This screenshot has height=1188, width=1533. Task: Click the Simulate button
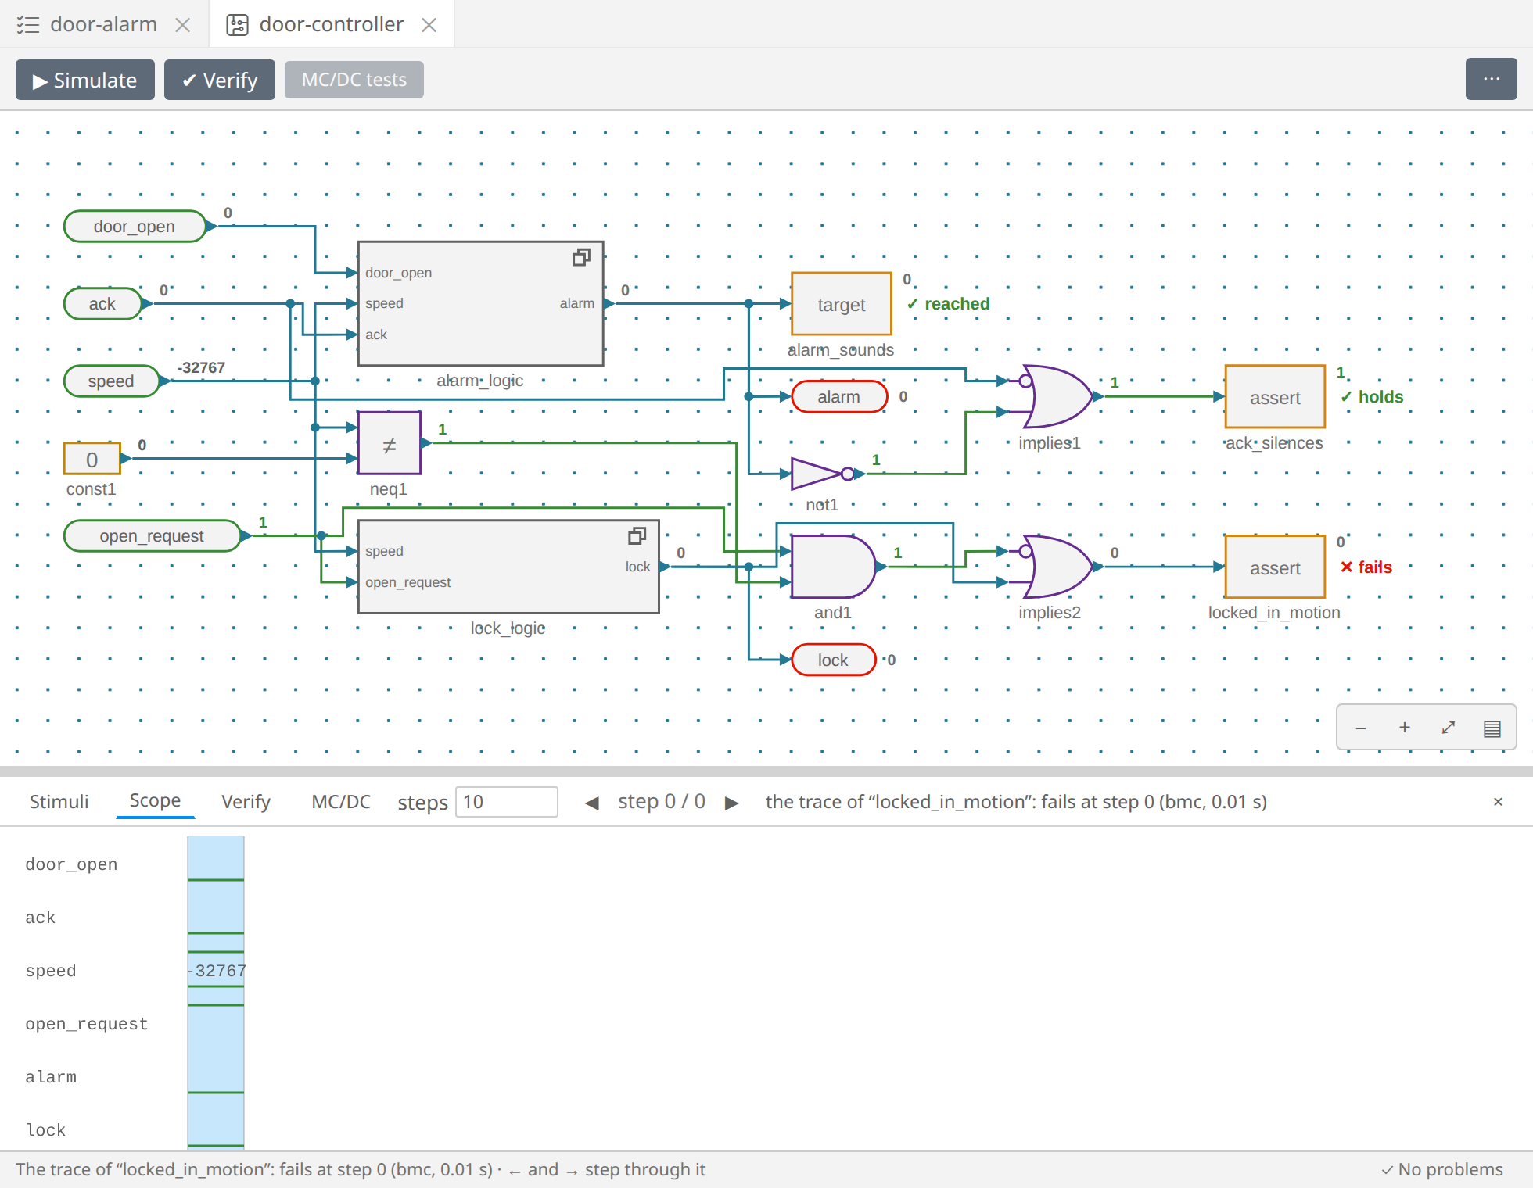pos(84,80)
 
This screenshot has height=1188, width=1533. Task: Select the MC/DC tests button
pos(354,80)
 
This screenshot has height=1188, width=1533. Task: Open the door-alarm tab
pos(103,24)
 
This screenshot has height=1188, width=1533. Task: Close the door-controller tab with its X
pos(429,25)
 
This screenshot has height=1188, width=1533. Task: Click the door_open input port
pos(135,227)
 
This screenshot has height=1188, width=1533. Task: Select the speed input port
pos(111,381)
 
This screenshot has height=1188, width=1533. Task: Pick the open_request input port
pos(152,536)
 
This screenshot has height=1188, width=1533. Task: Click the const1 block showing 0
pos(92,459)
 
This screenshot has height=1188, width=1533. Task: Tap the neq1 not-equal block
pos(390,443)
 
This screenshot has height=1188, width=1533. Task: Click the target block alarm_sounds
pos(842,304)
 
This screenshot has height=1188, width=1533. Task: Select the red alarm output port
pos(839,396)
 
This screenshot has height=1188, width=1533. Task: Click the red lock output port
pos(833,660)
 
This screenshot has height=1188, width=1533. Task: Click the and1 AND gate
pos(833,567)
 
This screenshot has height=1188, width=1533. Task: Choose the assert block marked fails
pos(1275,567)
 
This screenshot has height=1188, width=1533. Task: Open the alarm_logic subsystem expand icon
pos(581,257)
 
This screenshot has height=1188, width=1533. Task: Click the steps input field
pos(506,802)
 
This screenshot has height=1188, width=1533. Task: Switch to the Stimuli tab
pos(59,802)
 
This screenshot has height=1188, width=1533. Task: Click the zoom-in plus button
pos(1405,728)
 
